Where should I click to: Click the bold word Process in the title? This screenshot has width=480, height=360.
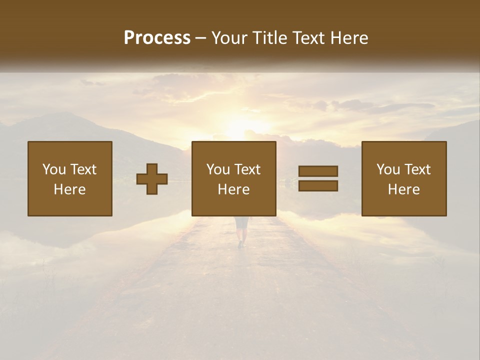157,38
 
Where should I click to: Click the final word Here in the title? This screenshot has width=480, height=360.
348,38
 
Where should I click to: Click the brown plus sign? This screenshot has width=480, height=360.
152,179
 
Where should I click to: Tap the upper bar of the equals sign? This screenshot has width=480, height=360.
318,171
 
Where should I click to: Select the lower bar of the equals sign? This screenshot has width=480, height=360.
318,186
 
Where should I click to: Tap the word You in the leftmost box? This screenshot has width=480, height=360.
53,169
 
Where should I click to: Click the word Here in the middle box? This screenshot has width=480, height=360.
234,189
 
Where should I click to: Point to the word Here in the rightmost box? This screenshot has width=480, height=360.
404,189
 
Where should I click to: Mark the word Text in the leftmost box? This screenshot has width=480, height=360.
83,169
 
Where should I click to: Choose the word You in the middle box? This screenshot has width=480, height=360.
217,169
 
